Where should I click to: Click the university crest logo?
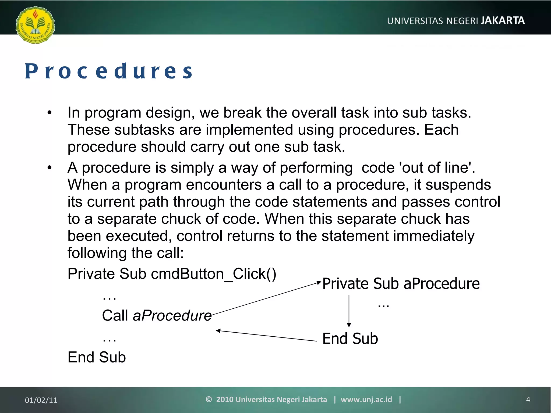pyautogui.click(x=35, y=25)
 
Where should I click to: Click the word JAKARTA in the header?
pyautogui.click(x=503, y=21)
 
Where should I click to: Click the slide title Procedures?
pyautogui.click(x=109, y=71)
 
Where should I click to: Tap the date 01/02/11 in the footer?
pyautogui.click(x=41, y=400)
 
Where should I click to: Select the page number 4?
pyautogui.click(x=528, y=400)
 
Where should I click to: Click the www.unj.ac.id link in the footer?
pyautogui.click(x=366, y=400)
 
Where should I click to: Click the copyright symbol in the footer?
pyautogui.click(x=209, y=399)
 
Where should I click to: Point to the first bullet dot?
pyautogui.click(x=49, y=113)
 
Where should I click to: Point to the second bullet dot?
pyautogui.click(x=49, y=168)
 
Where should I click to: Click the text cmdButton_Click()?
pyautogui.click(x=213, y=274)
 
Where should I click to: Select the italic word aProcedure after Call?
pyautogui.click(x=172, y=315)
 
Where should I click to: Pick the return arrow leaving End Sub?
pyautogui.click(x=266, y=336)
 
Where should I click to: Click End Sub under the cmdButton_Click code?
pyautogui.click(x=97, y=357)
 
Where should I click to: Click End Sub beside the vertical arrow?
pyautogui.click(x=350, y=339)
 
